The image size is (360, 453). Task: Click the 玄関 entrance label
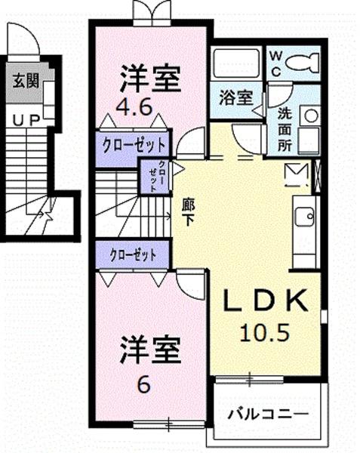tap(26, 81)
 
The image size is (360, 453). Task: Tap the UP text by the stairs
tap(26, 121)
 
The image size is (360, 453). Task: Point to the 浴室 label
tap(236, 97)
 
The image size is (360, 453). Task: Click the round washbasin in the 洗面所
tap(311, 116)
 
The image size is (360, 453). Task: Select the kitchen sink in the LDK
tap(304, 217)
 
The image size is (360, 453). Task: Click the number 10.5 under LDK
tap(264, 332)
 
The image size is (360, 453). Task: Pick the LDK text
tap(265, 300)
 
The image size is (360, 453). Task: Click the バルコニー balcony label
tap(268, 414)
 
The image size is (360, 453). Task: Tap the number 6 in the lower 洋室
tap(143, 384)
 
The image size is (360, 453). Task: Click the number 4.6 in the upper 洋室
tap(134, 107)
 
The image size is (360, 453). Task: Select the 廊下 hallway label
tap(188, 213)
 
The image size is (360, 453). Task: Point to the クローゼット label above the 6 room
tap(133, 255)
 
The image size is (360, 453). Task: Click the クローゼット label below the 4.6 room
tap(134, 145)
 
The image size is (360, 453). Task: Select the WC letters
tap(276, 64)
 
